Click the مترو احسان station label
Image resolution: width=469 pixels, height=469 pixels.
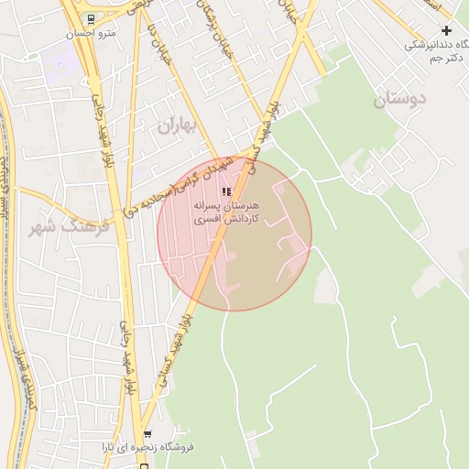point(91,34)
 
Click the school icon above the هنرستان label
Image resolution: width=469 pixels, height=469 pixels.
point(227,191)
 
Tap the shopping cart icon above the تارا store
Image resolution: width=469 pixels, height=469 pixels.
point(147,434)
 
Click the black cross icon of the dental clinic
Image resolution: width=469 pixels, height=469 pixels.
point(446,30)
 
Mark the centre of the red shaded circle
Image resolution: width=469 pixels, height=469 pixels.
point(234,234)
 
